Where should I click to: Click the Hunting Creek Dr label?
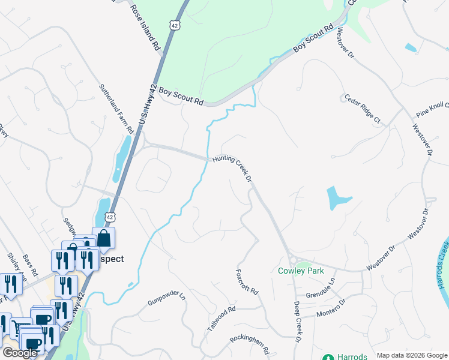coord(231,169)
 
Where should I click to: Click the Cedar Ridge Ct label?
coord(363,109)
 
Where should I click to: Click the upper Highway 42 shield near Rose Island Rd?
coord(174,25)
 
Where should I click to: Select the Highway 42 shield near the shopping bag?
coord(109,216)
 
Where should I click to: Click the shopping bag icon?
coord(103,238)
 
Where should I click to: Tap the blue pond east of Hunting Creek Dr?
coord(337,197)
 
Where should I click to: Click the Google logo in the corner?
coord(20,353)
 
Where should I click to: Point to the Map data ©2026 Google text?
coord(411,355)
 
